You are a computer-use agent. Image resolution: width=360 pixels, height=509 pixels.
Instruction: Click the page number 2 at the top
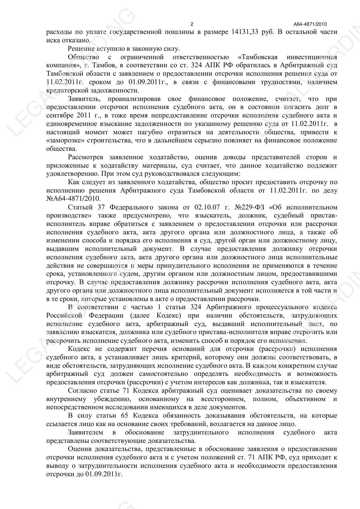pyautogui.click(x=191, y=24)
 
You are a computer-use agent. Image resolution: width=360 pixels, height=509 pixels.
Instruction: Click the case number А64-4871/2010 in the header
pyautogui.click(x=310, y=24)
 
